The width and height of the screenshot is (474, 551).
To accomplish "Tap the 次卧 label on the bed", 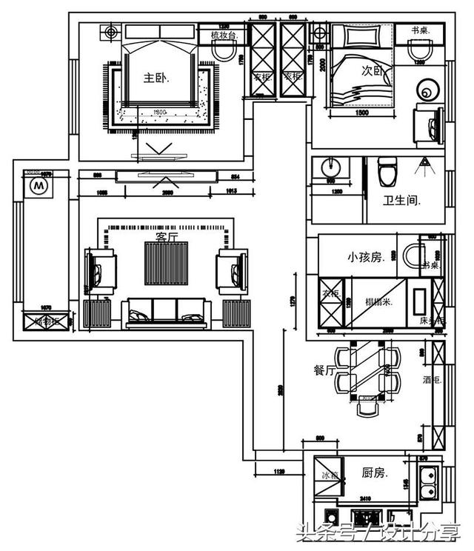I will pyautogui.click(x=371, y=72).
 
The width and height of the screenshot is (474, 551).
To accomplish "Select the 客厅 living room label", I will pyautogui.click(x=167, y=236).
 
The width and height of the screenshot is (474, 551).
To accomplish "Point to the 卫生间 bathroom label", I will pyautogui.click(x=402, y=200).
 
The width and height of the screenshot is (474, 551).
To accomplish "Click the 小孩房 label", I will pyautogui.click(x=364, y=257).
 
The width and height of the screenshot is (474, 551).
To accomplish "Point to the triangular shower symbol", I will pyautogui.click(x=425, y=162).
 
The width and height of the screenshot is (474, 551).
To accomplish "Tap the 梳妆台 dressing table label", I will pyautogui.click(x=222, y=34).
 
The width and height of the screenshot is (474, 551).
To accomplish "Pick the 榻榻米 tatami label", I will pyautogui.click(x=379, y=301).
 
